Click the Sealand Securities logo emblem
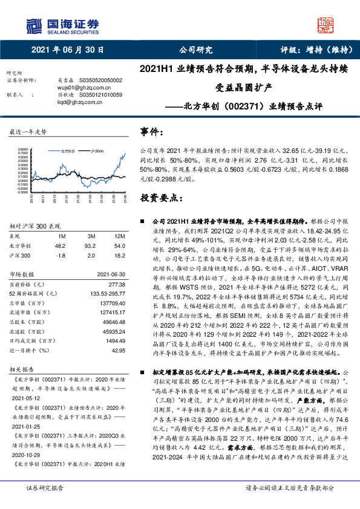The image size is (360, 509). pyautogui.click(x=34, y=25)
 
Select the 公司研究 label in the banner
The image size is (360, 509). pyautogui.click(x=196, y=50)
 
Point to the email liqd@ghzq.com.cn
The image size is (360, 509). pyautogui.click(x=68, y=102)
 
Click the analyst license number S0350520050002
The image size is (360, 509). pyautogui.click(x=99, y=80)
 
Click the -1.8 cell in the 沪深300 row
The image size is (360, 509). pyautogui.click(x=60, y=256)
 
